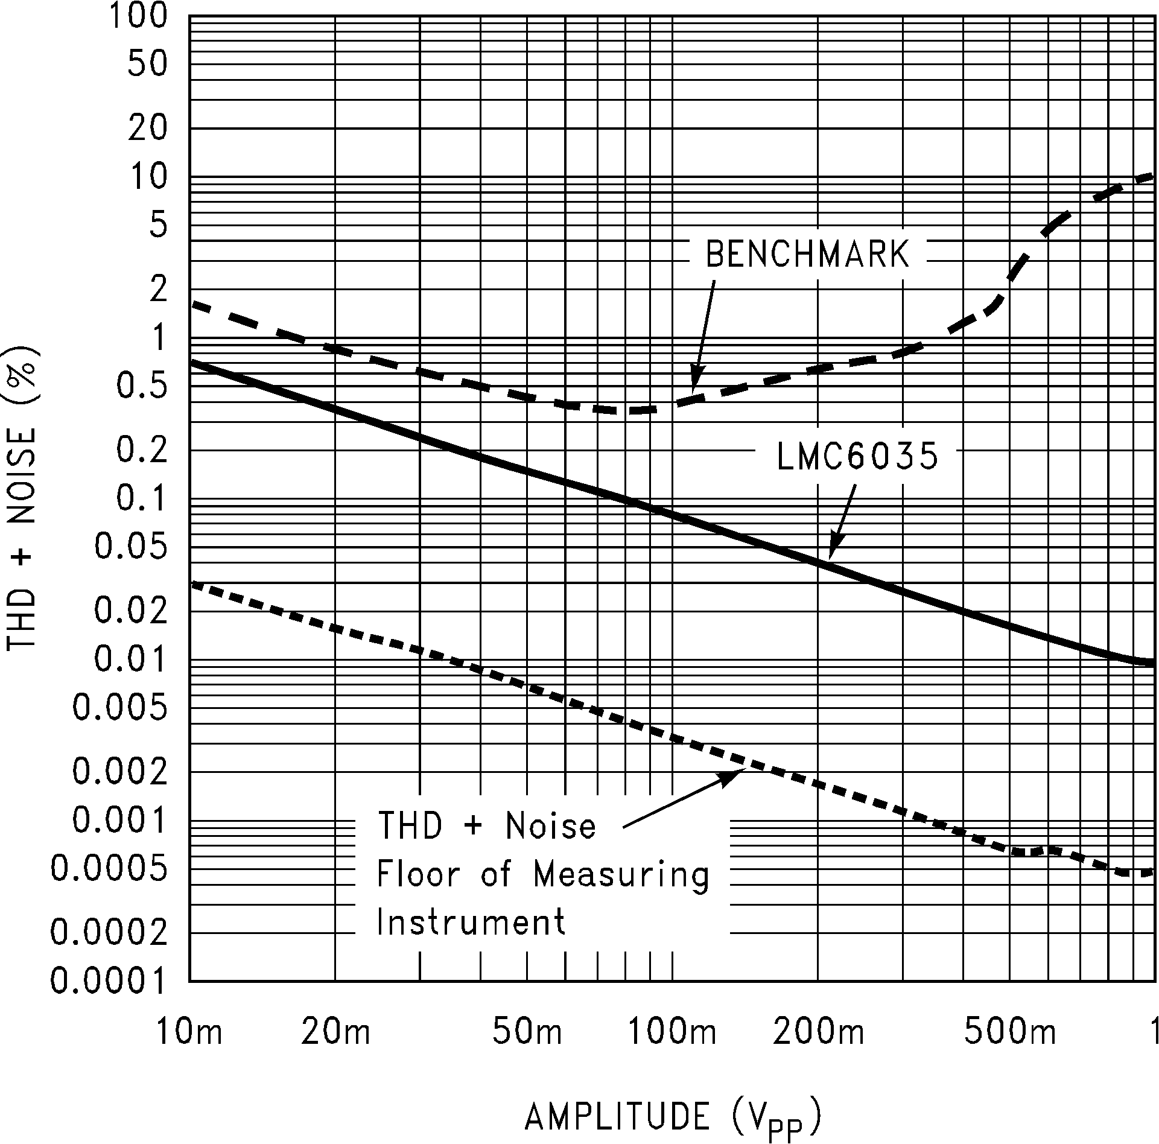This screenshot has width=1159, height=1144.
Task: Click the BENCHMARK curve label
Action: [807, 254]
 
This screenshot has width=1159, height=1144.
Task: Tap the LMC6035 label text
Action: [857, 456]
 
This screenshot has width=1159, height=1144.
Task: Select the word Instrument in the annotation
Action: [471, 922]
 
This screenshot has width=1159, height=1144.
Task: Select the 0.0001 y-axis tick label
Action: [108, 982]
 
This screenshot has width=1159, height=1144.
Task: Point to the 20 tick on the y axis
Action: [147, 129]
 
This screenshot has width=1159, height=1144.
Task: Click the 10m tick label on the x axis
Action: [189, 1032]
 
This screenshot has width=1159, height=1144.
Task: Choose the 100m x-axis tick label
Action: [672, 1032]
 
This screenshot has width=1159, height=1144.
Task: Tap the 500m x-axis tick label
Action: [1010, 1032]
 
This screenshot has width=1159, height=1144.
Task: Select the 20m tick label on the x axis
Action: [335, 1032]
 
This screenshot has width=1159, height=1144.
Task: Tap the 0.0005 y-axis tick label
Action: [108, 869]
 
